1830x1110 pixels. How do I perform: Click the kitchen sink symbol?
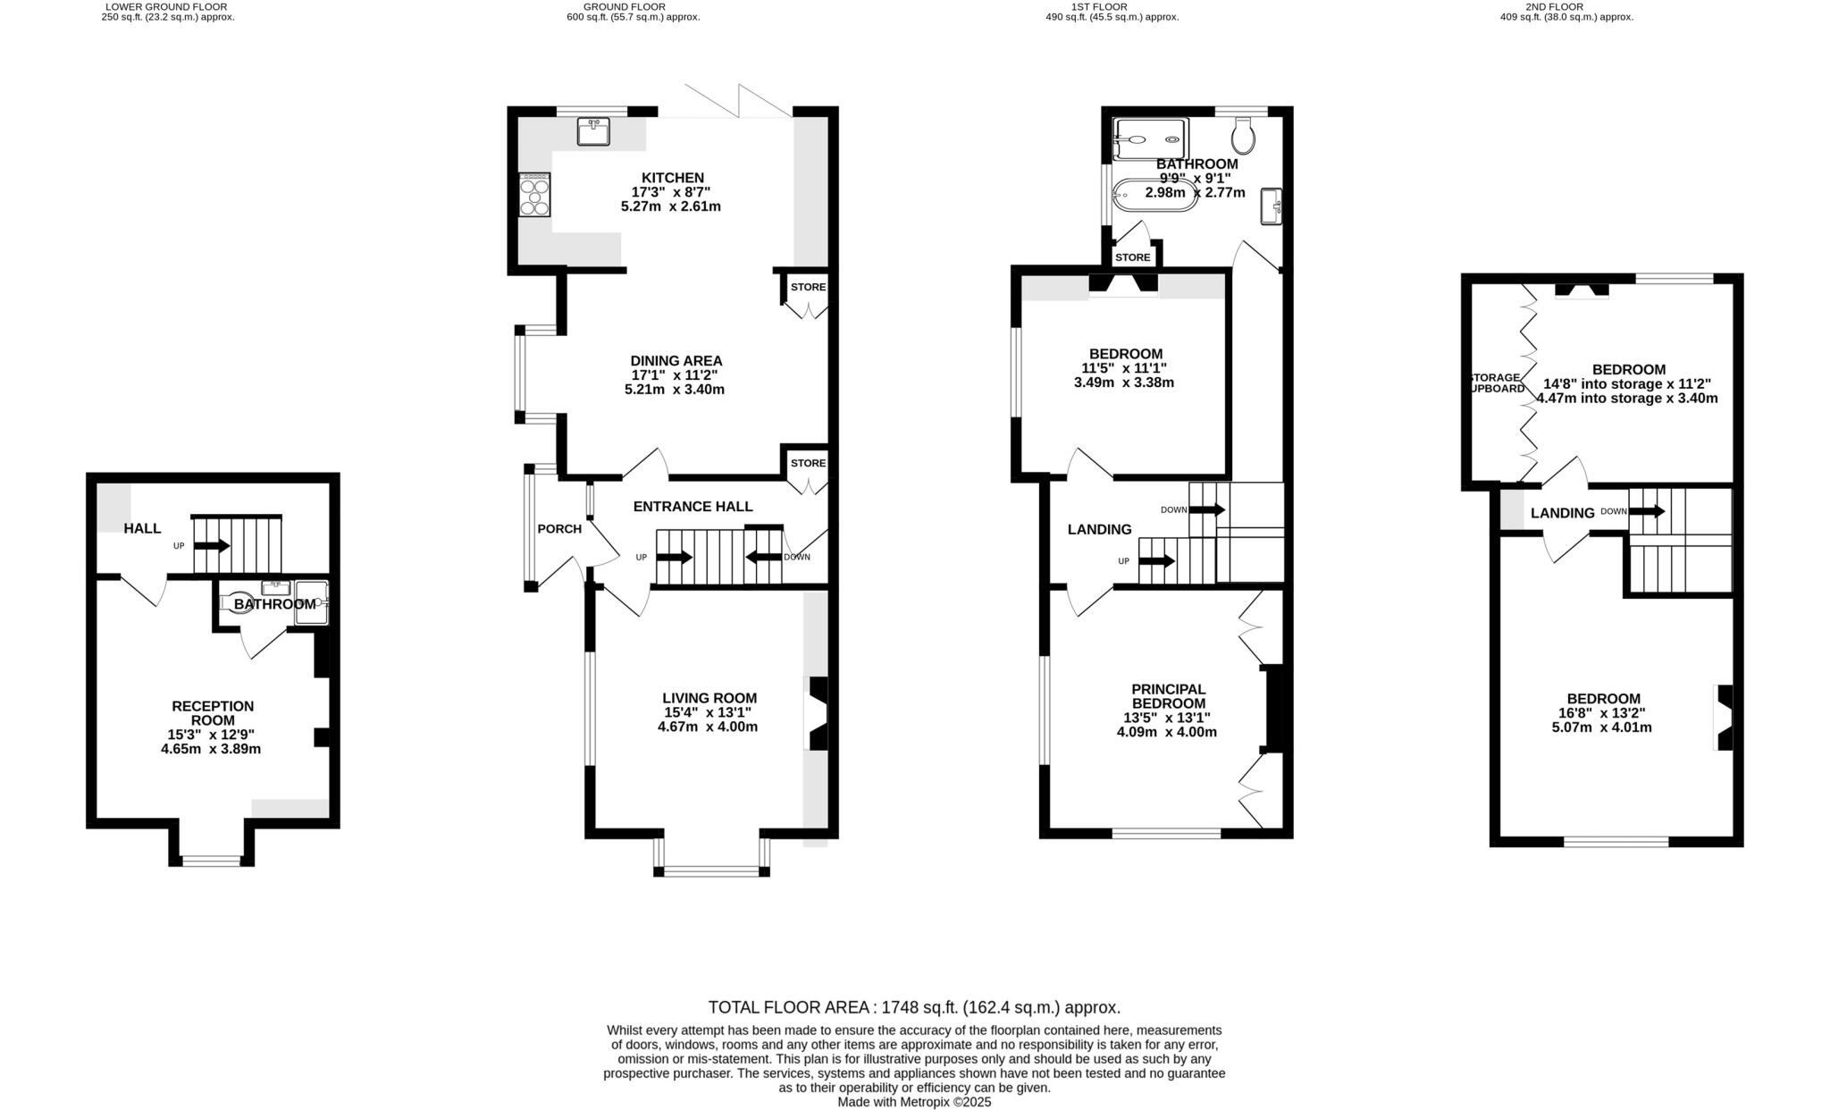point(593,131)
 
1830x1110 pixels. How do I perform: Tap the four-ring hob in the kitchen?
point(534,195)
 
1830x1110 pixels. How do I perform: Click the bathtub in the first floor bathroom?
point(1154,195)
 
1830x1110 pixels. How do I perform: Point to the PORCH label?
point(559,529)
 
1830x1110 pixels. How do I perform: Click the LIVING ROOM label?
point(709,698)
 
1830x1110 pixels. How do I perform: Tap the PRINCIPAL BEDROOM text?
point(1168,696)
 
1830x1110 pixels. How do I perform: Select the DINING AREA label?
point(676,361)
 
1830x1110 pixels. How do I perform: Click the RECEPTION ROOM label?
point(213,713)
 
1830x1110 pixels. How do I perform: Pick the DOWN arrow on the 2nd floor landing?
point(1646,512)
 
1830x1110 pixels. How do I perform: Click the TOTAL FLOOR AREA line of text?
point(913,1007)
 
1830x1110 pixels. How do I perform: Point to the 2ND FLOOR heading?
point(1566,6)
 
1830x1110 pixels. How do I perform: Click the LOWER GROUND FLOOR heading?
point(167,6)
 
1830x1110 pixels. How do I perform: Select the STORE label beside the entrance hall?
point(808,463)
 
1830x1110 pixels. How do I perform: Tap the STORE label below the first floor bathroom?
point(1132,257)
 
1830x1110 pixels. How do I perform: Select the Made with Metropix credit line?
point(913,1102)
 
